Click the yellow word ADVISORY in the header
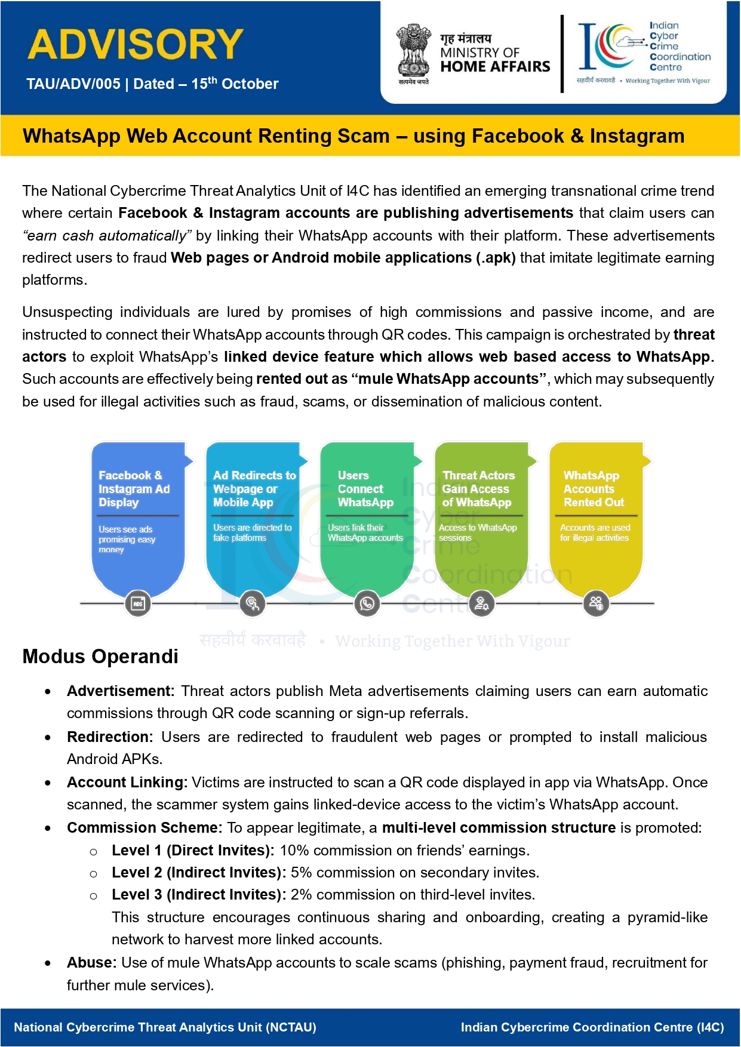click(x=136, y=44)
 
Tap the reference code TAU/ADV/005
click(x=73, y=84)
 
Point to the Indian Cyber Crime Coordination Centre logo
click(x=644, y=53)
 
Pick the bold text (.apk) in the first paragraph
click(x=496, y=258)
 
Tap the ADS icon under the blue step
click(x=138, y=603)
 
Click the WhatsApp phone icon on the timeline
click(x=367, y=603)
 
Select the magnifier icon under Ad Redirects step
click(x=252, y=603)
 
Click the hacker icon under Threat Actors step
click(x=481, y=603)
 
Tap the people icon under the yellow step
click(x=596, y=603)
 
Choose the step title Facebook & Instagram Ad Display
click(x=134, y=489)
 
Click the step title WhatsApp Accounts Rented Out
click(x=593, y=489)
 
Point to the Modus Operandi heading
click(x=100, y=657)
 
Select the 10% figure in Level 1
click(x=294, y=851)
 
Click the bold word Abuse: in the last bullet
click(x=91, y=963)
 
